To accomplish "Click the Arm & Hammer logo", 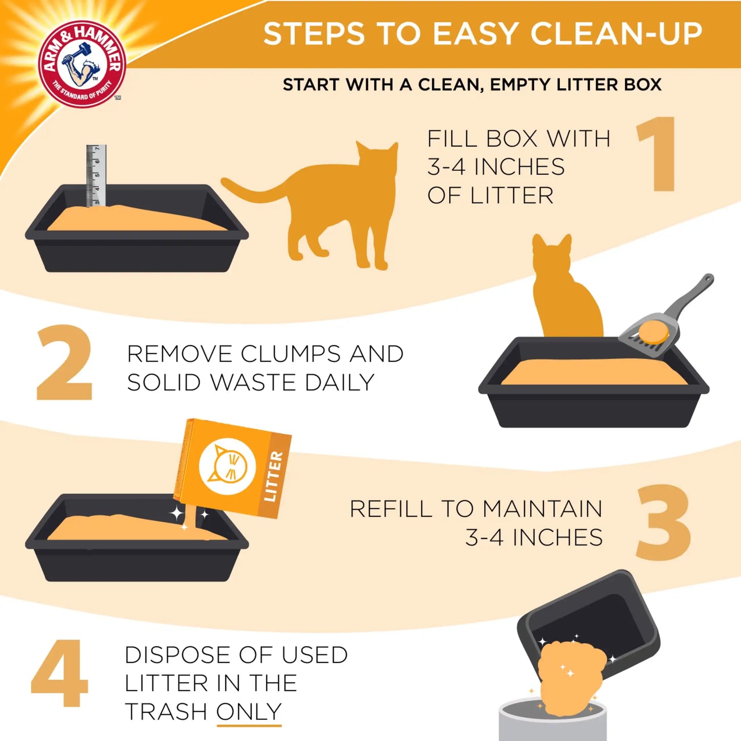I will pyautogui.click(x=82, y=64).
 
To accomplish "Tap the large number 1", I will pyautogui.click(x=659, y=154).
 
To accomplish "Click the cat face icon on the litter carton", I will pyautogui.click(x=227, y=467).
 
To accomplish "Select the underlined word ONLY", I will pyautogui.click(x=249, y=711).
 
